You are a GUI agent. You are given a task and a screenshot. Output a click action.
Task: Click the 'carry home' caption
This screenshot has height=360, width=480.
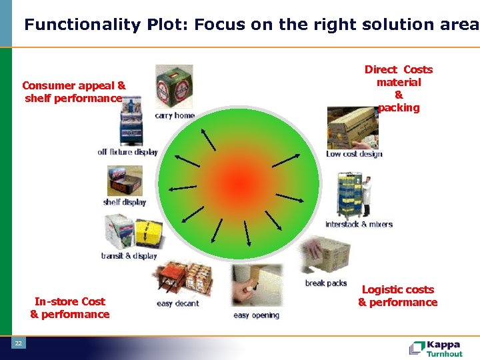click(x=175, y=115)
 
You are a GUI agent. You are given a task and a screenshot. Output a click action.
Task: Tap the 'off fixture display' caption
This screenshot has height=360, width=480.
click(x=127, y=152)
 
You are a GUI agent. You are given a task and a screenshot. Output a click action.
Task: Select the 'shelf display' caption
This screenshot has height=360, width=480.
click(x=125, y=202)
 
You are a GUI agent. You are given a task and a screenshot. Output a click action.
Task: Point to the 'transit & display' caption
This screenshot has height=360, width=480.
click(x=129, y=256)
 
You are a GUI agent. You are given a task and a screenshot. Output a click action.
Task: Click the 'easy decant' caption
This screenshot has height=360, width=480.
click(x=178, y=303)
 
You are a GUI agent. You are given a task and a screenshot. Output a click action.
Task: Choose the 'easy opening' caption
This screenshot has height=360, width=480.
click(x=256, y=315)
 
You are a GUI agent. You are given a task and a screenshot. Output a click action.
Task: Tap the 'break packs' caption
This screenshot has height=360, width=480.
click(x=326, y=283)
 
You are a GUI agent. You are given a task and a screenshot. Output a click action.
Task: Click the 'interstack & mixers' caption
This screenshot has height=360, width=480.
click(x=359, y=224)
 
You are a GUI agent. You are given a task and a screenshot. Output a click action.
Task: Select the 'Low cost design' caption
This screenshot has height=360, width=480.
click(x=354, y=154)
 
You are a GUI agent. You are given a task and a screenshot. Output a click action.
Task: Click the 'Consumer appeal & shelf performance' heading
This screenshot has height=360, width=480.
click(x=73, y=92)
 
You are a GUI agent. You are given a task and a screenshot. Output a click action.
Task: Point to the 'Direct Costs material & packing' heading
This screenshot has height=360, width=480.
click(x=399, y=89)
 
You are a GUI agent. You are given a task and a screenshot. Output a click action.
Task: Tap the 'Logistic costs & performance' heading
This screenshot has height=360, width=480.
click(x=397, y=296)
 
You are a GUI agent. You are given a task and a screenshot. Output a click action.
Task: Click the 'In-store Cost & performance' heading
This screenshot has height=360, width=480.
click(x=70, y=308)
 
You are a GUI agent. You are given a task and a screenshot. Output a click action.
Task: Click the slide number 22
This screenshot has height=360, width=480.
click(x=19, y=343)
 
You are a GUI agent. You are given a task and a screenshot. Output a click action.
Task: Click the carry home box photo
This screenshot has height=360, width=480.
click(x=174, y=87)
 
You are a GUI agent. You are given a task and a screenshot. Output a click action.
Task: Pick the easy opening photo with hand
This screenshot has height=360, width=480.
click(x=256, y=287)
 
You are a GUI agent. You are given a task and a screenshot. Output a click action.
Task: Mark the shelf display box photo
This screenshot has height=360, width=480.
click(x=125, y=181)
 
